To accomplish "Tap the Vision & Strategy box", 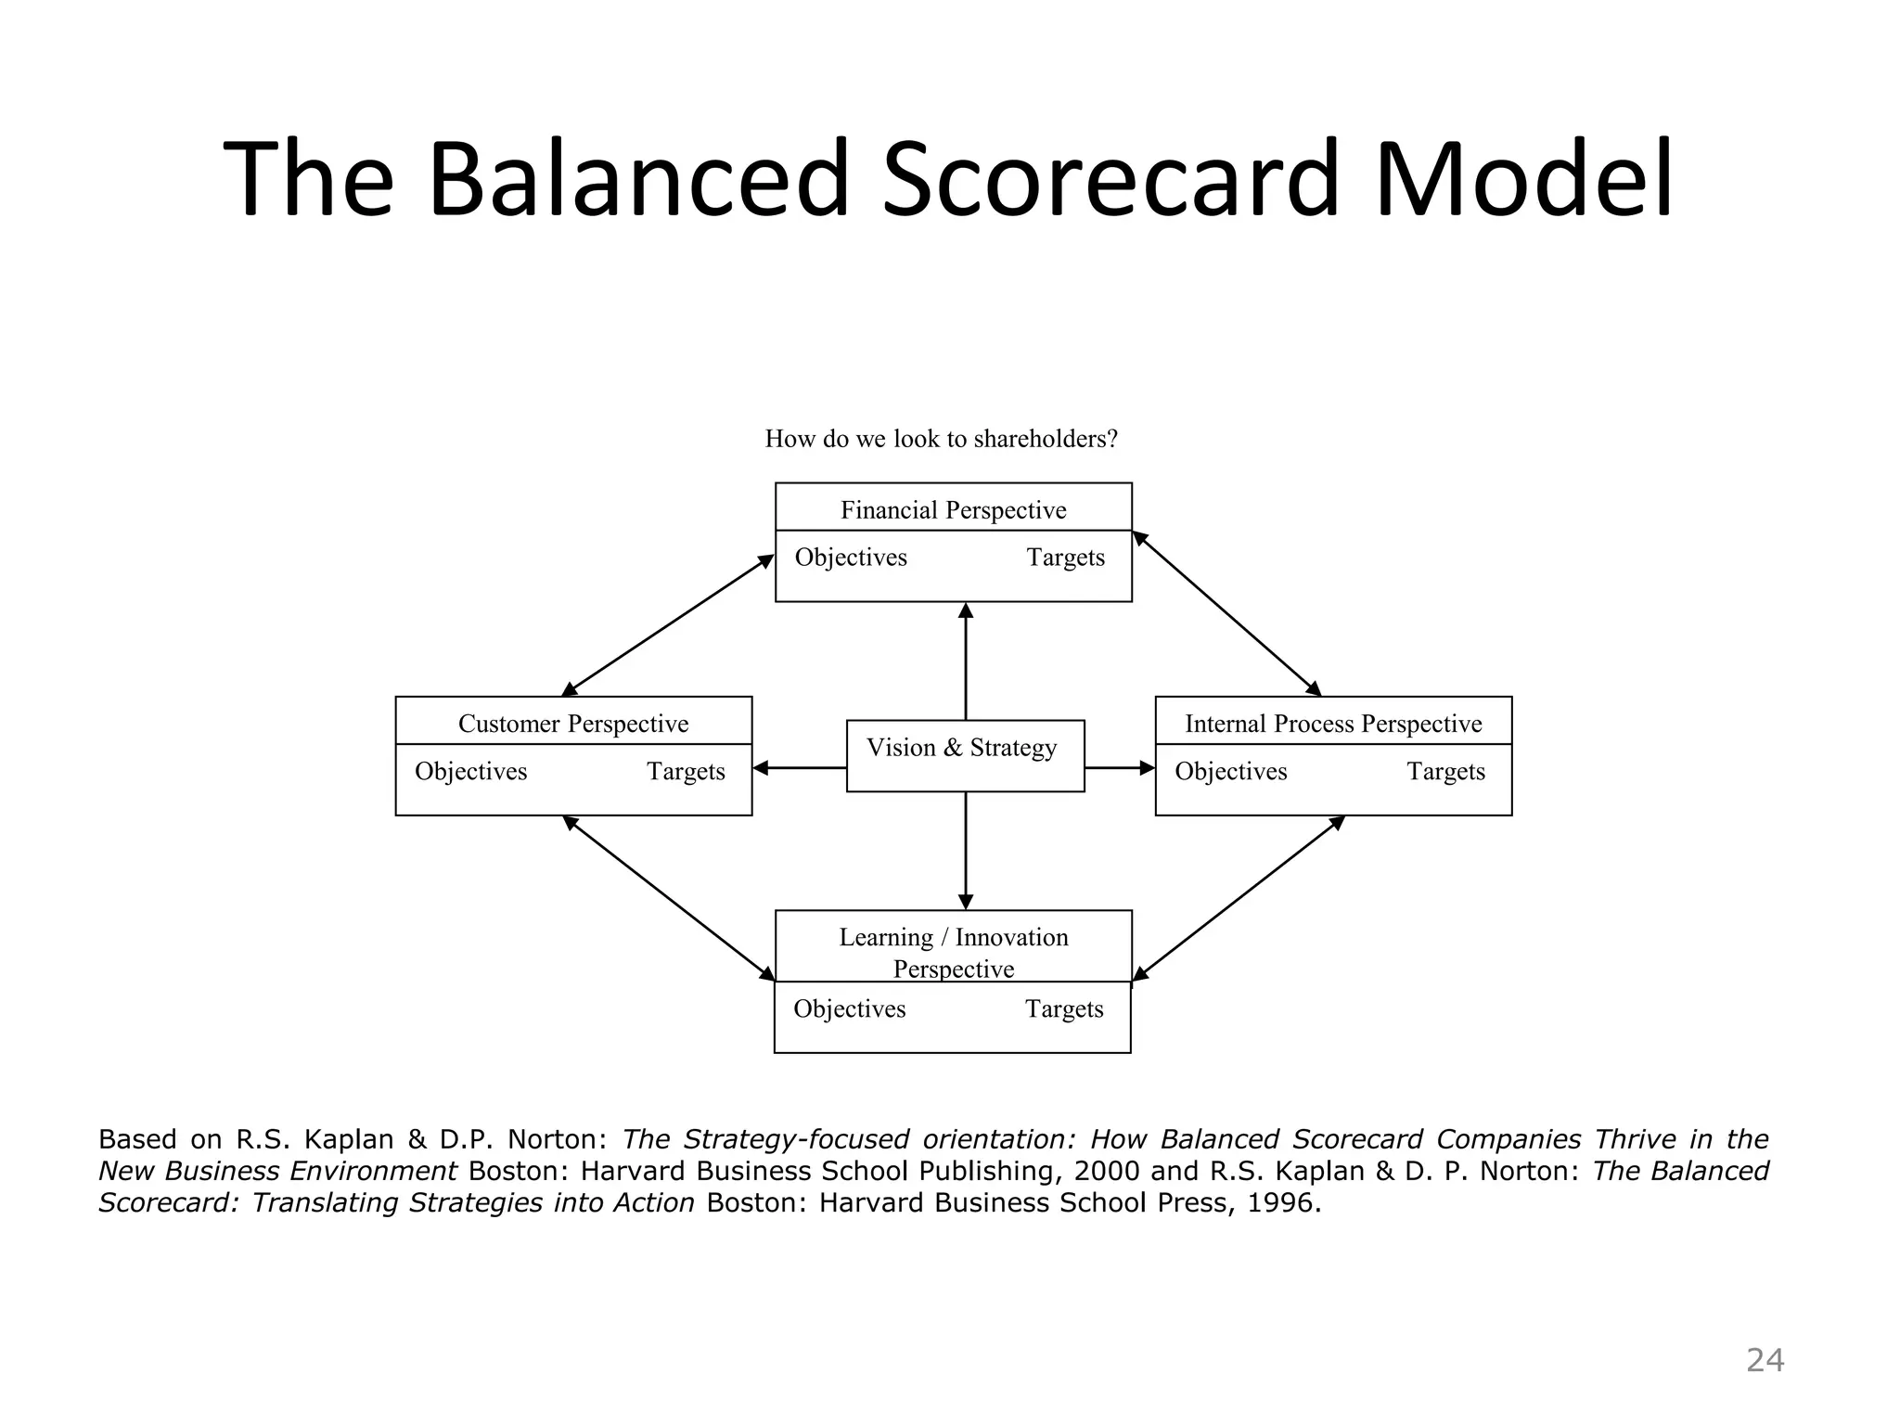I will pos(965,755).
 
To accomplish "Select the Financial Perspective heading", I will pos(953,510).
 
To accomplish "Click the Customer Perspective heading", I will pos(573,724).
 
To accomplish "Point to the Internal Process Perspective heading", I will pos(1333,724).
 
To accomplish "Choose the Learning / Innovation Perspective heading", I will pos(953,952).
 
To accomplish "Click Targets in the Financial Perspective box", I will pos(1065,558).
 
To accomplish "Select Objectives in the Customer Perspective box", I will pos(470,772).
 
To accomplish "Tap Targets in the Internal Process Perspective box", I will pos(1445,772).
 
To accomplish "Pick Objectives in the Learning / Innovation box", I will pos(849,1009).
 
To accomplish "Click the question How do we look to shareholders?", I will pos(941,439).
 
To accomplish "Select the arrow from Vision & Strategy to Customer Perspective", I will pos(800,768).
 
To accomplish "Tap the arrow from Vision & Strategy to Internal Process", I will pos(1119,768).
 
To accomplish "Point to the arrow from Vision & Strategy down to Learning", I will pos(966,850).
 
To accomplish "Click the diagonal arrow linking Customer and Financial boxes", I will pos(668,624).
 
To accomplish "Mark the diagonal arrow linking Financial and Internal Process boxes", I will pos(1226,613).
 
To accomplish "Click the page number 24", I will pos(1765,1360).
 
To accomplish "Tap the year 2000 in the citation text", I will pos(1106,1171).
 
